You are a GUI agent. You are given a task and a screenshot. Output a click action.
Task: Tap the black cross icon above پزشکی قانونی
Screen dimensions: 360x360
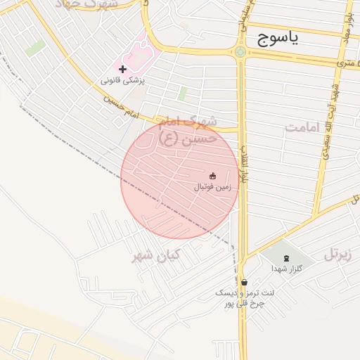point(123,69)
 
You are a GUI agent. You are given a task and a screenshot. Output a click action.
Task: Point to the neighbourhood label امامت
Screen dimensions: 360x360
point(302,127)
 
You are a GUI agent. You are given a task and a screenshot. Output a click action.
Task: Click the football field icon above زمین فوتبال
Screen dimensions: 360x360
point(212,175)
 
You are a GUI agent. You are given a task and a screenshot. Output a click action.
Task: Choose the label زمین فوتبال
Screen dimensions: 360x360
point(212,187)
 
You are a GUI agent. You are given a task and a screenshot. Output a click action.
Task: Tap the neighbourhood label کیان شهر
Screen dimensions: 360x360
point(155,255)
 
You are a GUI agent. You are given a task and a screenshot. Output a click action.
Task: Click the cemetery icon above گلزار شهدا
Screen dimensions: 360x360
point(285,258)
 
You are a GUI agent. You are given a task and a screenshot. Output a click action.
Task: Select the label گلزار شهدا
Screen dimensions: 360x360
point(286,269)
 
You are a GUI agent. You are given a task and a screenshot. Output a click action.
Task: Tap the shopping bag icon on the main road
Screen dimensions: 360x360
point(243,282)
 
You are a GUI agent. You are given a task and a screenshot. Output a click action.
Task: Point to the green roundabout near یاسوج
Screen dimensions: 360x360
point(240,51)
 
